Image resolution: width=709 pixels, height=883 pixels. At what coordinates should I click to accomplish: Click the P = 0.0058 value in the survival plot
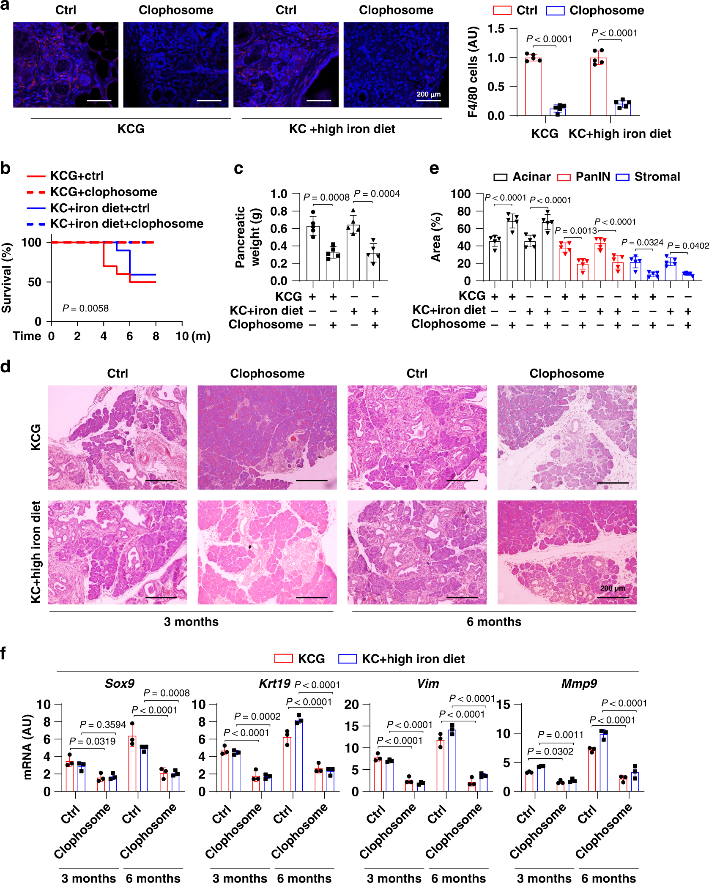[x=85, y=309]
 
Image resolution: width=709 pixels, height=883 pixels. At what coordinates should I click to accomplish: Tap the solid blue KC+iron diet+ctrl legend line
[x=36, y=208]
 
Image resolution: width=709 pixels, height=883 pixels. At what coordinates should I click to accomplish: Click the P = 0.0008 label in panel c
[x=326, y=197]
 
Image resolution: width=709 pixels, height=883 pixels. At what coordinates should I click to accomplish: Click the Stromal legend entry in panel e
[x=648, y=177]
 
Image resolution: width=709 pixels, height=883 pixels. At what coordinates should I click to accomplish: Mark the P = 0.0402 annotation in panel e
[x=688, y=246]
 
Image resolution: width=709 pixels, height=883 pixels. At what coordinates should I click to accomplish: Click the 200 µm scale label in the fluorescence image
[x=428, y=94]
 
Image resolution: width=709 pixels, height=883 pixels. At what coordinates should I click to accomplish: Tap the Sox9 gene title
[x=120, y=683]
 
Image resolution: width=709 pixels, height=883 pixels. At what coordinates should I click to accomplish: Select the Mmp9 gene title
[x=579, y=683]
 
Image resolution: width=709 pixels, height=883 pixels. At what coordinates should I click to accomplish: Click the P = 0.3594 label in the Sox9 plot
[x=103, y=724]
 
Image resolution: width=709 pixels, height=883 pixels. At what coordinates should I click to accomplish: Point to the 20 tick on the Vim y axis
[x=351, y=704]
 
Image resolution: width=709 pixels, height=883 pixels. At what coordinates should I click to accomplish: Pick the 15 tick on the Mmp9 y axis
[x=504, y=704]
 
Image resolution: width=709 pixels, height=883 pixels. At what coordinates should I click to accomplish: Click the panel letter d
[x=5, y=366]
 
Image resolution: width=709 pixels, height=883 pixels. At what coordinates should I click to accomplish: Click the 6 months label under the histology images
[x=494, y=622]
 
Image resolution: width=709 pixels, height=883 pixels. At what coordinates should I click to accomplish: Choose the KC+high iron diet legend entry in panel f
[x=402, y=659]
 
